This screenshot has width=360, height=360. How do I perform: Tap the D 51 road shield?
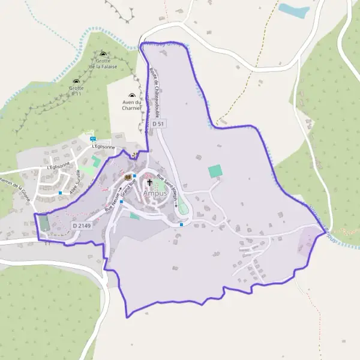(158, 123)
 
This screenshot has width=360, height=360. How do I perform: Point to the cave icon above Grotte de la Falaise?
(103, 54)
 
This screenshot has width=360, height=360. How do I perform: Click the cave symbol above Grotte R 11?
(76, 81)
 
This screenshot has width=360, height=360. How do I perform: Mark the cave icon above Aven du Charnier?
(132, 95)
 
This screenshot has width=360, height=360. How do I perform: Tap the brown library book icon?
(127, 177)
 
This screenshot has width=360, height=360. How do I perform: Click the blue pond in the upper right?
(294, 10)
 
